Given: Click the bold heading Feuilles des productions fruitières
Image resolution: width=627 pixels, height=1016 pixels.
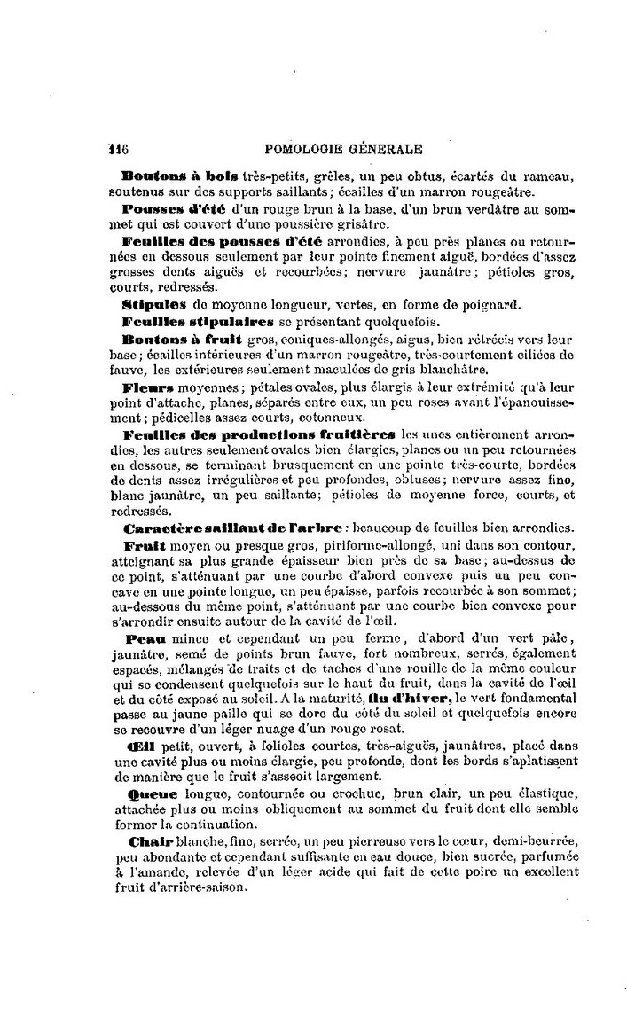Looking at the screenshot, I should (258, 436).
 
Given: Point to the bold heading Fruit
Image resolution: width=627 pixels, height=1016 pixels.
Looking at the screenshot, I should (141, 543).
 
